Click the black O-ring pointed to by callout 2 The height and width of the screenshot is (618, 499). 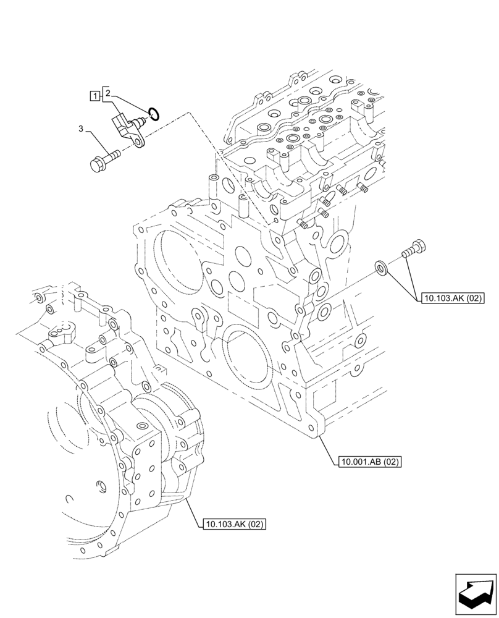click(154, 113)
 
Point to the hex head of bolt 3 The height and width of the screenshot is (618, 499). click(96, 166)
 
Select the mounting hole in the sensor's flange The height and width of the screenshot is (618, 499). click(139, 143)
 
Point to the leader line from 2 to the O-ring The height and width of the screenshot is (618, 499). click(130, 102)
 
